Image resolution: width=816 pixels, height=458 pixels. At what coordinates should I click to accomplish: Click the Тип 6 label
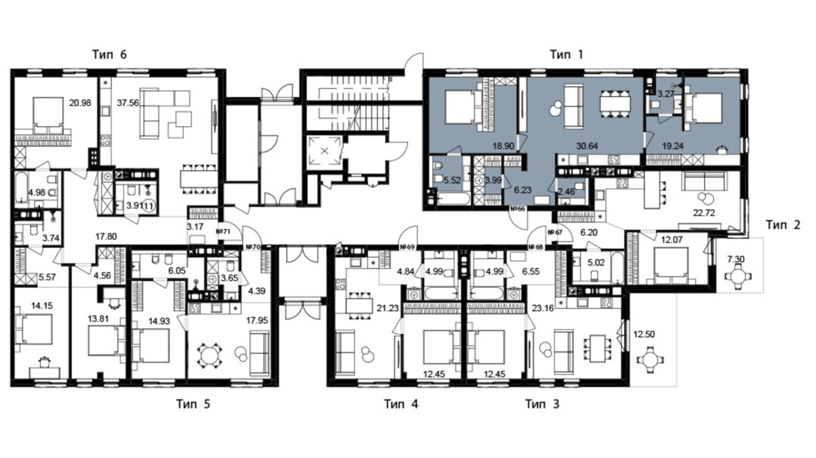(x=109, y=55)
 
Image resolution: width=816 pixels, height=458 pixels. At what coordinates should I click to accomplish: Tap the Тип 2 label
(x=782, y=225)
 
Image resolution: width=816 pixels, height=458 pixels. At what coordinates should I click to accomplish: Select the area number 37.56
(x=127, y=103)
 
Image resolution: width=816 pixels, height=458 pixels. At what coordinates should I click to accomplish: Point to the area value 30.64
(x=587, y=146)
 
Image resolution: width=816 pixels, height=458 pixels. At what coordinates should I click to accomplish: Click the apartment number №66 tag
(x=517, y=209)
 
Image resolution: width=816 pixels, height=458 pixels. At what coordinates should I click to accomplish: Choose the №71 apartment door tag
(x=223, y=231)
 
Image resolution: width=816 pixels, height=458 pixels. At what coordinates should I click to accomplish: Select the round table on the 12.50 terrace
(x=650, y=360)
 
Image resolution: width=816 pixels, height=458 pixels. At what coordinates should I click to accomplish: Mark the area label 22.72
(x=704, y=213)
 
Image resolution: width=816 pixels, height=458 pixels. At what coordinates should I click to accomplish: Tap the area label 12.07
(x=671, y=240)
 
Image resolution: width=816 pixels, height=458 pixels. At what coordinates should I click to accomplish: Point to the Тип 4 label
(x=401, y=404)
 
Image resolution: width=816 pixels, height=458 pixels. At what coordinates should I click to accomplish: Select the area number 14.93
(x=159, y=321)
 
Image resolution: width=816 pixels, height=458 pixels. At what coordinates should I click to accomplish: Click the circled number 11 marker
(x=149, y=206)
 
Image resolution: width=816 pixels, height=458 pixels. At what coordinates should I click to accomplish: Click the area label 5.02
(x=595, y=263)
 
